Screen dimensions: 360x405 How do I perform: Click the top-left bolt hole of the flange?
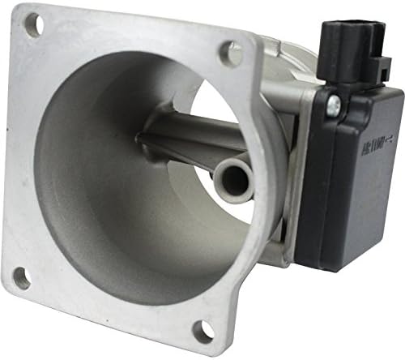tap(32, 25)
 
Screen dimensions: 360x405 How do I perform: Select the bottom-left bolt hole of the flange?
tap(22, 278)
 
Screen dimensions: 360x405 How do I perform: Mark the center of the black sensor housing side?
tap(356, 178)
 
